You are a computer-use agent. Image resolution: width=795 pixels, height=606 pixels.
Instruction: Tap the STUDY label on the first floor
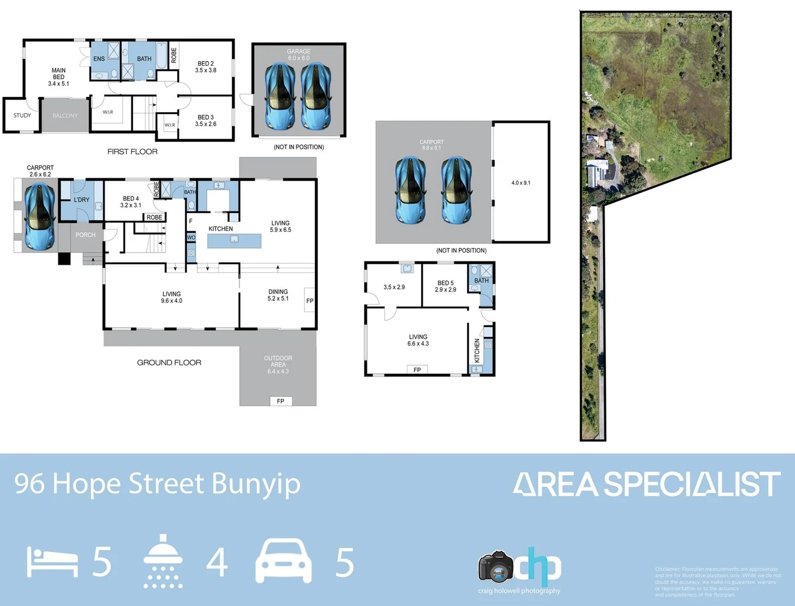tap(22, 116)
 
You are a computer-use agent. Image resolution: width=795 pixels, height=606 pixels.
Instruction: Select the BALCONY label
tap(65, 116)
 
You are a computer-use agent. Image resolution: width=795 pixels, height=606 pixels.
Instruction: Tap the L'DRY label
tap(81, 200)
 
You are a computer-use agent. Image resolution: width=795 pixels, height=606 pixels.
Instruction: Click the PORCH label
tap(85, 235)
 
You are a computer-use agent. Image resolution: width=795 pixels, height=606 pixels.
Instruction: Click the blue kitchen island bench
tap(234, 241)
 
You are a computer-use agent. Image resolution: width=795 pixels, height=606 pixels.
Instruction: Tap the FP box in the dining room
tap(309, 300)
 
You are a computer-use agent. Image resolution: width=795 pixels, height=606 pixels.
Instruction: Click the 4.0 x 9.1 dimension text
tap(520, 183)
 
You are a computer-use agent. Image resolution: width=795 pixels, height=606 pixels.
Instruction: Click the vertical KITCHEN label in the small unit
tap(477, 351)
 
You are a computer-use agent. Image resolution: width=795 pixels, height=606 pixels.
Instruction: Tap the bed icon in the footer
tap(52, 563)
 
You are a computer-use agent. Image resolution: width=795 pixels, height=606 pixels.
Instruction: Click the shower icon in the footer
tap(163, 561)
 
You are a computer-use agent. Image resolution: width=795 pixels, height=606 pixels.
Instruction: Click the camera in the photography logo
tap(496, 567)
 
